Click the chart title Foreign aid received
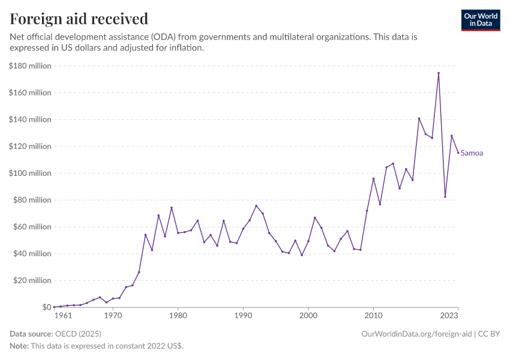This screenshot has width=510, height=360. (x=79, y=19)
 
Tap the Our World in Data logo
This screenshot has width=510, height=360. (x=481, y=20)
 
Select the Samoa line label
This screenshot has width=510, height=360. (x=472, y=153)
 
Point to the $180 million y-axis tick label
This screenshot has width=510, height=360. (x=29, y=66)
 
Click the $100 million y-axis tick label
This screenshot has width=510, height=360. (x=29, y=173)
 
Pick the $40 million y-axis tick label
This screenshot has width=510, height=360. (x=31, y=254)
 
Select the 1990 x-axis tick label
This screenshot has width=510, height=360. (x=242, y=316)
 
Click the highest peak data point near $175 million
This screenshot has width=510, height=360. (x=439, y=73)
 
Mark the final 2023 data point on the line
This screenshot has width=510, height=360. (x=458, y=152)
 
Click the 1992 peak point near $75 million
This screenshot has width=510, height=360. (x=256, y=206)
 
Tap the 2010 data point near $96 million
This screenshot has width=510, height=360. (x=373, y=178)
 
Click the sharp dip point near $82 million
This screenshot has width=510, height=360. (x=445, y=197)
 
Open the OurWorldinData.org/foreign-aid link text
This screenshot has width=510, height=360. (x=417, y=334)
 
